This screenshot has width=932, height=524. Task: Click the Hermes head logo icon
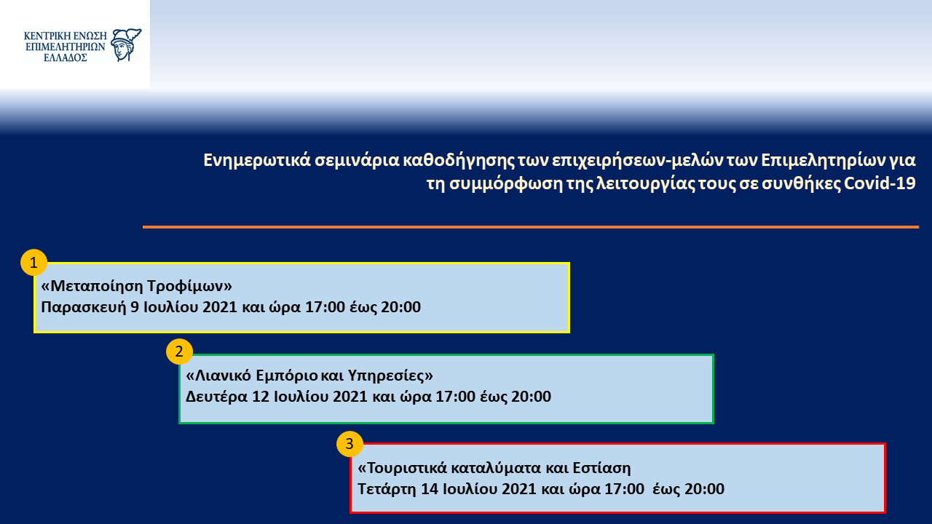click(126, 45)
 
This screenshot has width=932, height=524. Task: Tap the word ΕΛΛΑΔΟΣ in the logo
click(66, 57)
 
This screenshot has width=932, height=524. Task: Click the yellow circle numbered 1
click(33, 263)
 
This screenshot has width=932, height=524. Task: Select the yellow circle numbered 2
click(179, 352)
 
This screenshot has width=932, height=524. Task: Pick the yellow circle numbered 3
click(349, 444)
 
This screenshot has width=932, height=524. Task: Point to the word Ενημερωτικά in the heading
click(257, 160)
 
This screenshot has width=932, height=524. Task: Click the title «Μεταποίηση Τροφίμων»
click(136, 286)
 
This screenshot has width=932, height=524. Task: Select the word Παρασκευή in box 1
click(83, 307)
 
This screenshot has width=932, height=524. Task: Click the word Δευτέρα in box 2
click(216, 397)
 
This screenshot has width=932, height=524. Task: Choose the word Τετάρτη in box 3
click(387, 488)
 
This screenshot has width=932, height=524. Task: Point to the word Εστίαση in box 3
click(601, 468)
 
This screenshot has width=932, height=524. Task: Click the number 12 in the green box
click(261, 397)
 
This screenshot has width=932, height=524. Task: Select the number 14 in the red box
click(430, 488)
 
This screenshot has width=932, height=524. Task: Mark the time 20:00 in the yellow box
click(400, 307)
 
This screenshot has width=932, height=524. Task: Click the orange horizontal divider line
click(531, 227)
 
